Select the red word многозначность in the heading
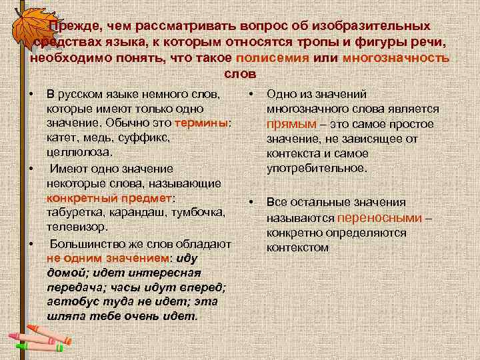pos(396,57)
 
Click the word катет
pos(63,138)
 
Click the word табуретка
pos(77,213)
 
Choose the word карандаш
pos(139,213)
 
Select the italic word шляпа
pos(67,316)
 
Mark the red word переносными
pos(380,218)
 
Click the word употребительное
pos(317,168)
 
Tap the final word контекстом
pos(297,247)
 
